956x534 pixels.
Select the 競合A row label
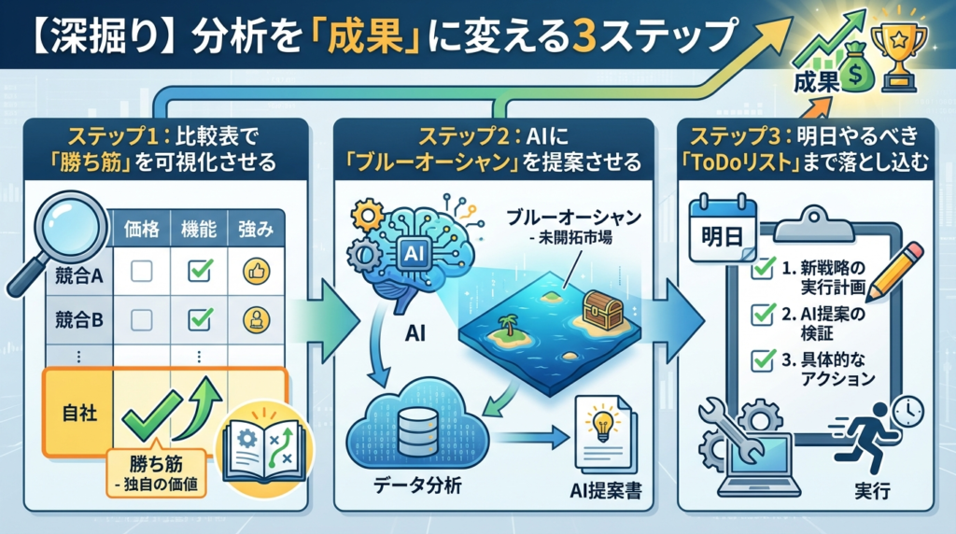pos(78,274)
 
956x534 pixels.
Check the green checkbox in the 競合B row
pos(200,319)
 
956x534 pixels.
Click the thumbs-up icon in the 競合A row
pos(255,272)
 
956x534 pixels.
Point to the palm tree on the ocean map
pos(509,328)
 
